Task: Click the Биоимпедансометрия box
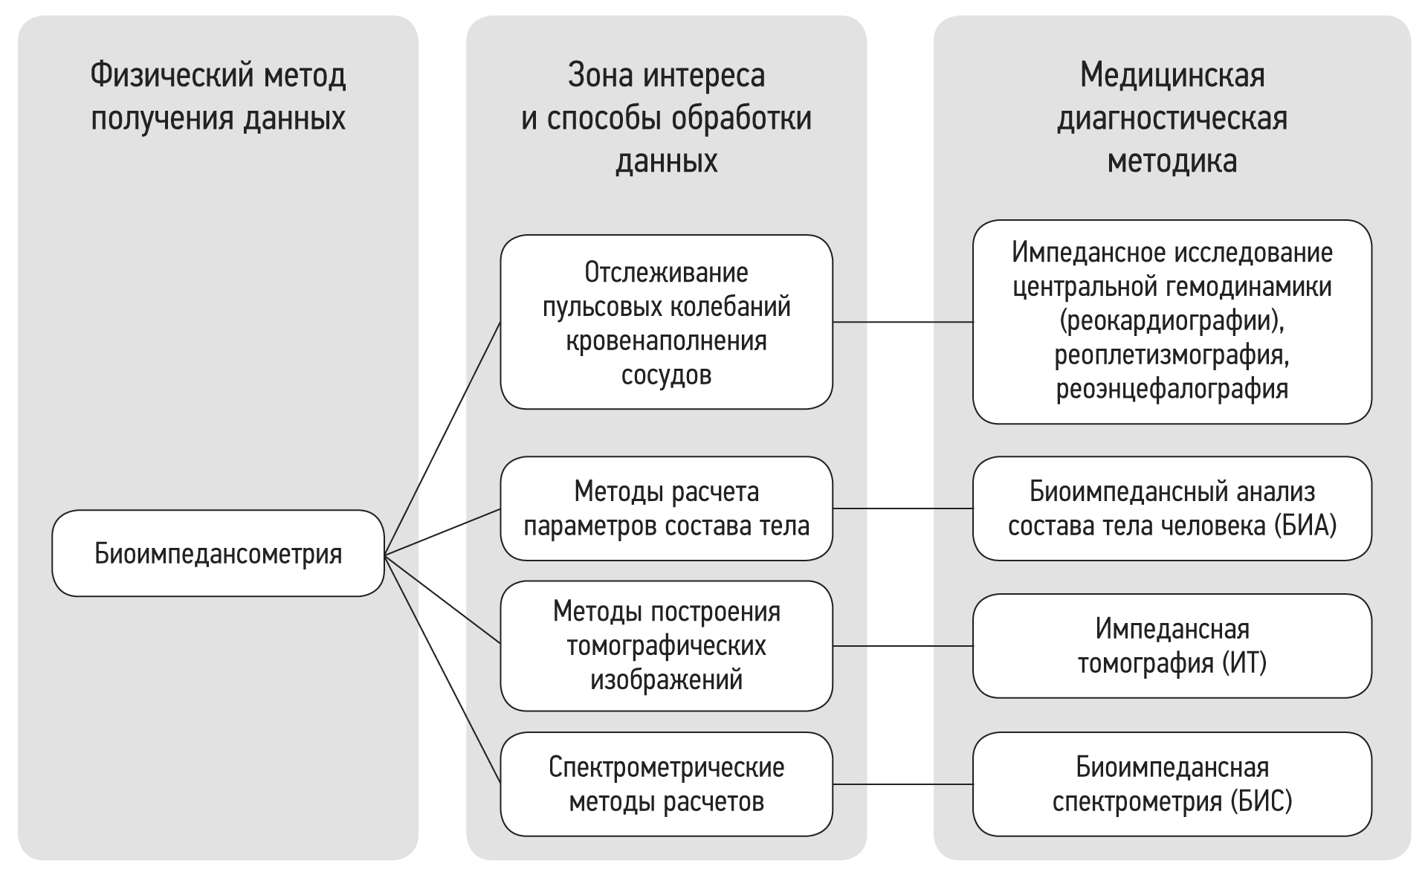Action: point(218,554)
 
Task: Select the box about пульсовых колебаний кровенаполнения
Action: point(666,323)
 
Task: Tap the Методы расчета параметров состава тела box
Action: point(666,508)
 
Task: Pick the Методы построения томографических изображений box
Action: point(666,645)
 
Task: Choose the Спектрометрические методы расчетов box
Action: point(666,784)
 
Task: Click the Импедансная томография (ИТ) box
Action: point(1172,645)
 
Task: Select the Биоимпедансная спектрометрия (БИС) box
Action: point(1172,784)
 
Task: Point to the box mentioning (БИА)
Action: point(1172,508)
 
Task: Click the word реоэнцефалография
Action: point(1172,389)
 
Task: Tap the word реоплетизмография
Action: point(1172,355)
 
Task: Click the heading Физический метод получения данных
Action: point(218,97)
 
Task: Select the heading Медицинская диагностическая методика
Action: point(1172,117)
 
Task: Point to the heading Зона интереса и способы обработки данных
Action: point(666,117)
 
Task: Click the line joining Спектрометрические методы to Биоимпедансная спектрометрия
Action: point(902,784)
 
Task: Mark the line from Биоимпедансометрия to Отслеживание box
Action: point(442,439)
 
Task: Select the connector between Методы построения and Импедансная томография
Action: point(902,646)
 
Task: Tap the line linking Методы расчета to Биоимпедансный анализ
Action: point(902,508)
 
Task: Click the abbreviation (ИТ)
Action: point(1244,662)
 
